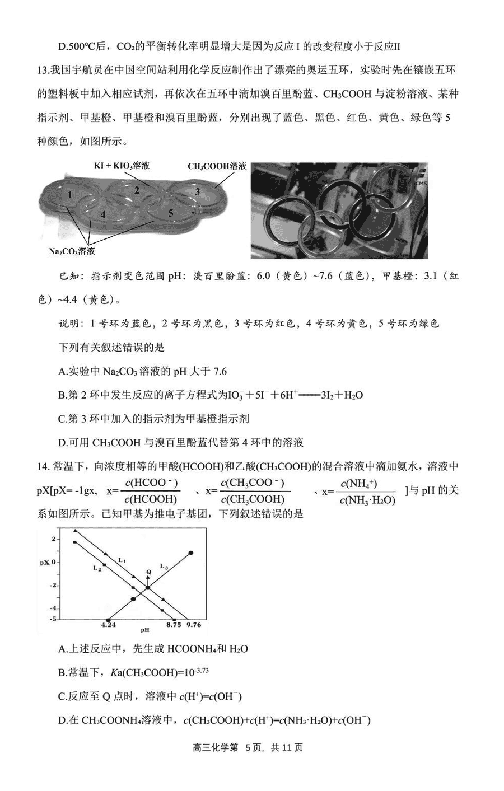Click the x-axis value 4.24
pos(109,625)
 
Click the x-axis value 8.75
pos(173,625)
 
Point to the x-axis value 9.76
pos(194,625)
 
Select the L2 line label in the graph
pos(96,568)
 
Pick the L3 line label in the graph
pos(164,566)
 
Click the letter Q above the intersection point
pos(148,572)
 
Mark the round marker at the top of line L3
pos(191,553)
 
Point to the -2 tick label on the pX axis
pos(54,585)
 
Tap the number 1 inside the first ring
pos(69,195)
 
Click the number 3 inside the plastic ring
pos(197,191)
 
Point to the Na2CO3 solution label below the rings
pos(72,251)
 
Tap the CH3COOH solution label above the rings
pos(217,166)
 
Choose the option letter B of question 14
pos(62,673)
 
